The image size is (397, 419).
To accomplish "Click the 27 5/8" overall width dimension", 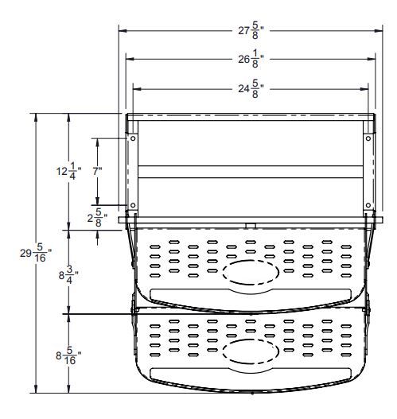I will click(250, 30).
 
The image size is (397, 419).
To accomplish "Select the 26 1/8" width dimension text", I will click(250, 60).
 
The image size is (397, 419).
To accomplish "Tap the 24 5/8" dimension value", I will click(250, 89).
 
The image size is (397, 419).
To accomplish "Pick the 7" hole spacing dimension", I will click(97, 171).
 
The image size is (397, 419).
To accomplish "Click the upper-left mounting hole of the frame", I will click(133, 138).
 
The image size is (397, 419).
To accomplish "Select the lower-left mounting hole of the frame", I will click(133, 207).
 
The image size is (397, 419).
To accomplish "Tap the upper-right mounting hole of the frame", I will click(368, 138).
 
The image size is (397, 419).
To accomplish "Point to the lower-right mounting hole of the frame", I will click(368, 207).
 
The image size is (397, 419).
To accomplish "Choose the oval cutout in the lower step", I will click(250, 350).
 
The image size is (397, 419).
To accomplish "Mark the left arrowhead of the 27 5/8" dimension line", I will click(122, 30).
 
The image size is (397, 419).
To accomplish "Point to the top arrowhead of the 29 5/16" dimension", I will click(37, 117).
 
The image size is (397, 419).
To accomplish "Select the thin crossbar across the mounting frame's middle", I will click(250, 165).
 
